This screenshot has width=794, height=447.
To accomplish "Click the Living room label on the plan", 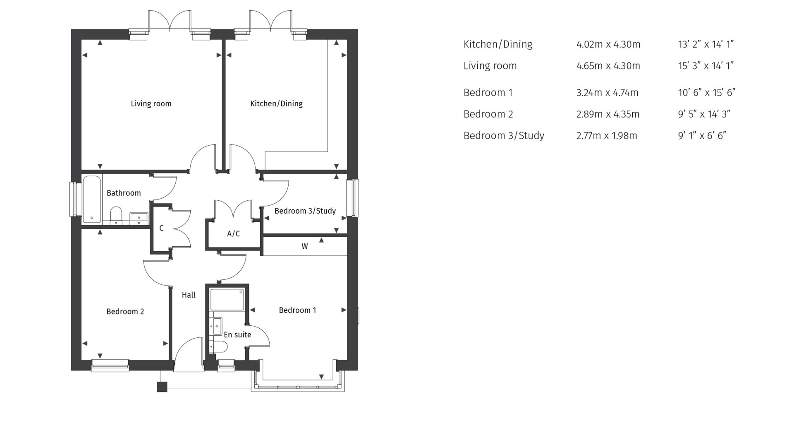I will pos(151,103).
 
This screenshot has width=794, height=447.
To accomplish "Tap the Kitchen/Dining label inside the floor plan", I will pos(276,103).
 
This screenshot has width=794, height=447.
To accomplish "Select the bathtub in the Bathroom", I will pos(92,199).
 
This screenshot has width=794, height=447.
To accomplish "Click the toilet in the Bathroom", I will pos(116,215).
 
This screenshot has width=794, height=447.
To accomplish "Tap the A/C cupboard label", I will pos(233,234).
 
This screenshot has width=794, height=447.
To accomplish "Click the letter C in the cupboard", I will pos(161,228).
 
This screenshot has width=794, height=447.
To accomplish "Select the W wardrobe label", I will pos(305,246).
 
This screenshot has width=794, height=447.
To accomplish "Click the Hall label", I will pos(189,295).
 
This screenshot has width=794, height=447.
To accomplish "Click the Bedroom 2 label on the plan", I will pos(125,312).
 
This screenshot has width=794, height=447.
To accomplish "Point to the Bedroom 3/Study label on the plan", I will pos(305,211).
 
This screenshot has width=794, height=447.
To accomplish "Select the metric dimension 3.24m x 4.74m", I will pos(607,92).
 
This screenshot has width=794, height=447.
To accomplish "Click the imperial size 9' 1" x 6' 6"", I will pos(702,135).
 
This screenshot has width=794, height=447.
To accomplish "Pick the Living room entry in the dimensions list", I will pos(490,65).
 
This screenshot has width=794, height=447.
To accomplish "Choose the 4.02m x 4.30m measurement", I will pos(608,44).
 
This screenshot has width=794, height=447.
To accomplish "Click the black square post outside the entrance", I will pos(162,387).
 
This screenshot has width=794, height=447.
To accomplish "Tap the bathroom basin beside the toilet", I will pos(139,217).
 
